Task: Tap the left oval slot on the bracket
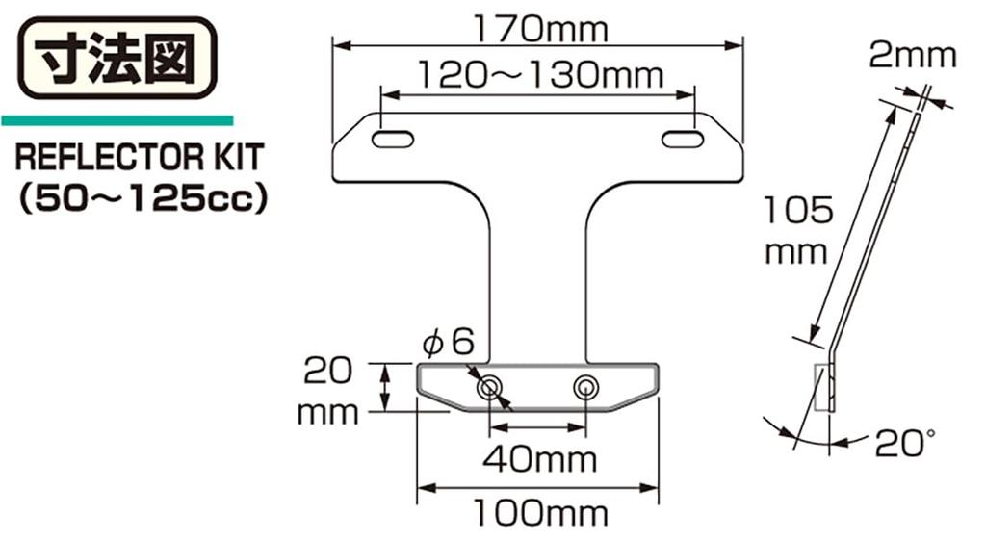click(x=394, y=140)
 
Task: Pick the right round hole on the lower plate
click(x=584, y=388)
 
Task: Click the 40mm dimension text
click(x=539, y=458)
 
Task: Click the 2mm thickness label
click(x=912, y=55)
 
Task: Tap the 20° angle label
click(x=905, y=444)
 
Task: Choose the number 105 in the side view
click(x=795, y=211)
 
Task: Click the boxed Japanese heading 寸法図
click(x=116, y=58)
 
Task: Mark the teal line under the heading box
click(x=117, y=121)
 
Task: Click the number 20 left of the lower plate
click(x=327, y=370)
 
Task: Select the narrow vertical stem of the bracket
click(x=538, y=279)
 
